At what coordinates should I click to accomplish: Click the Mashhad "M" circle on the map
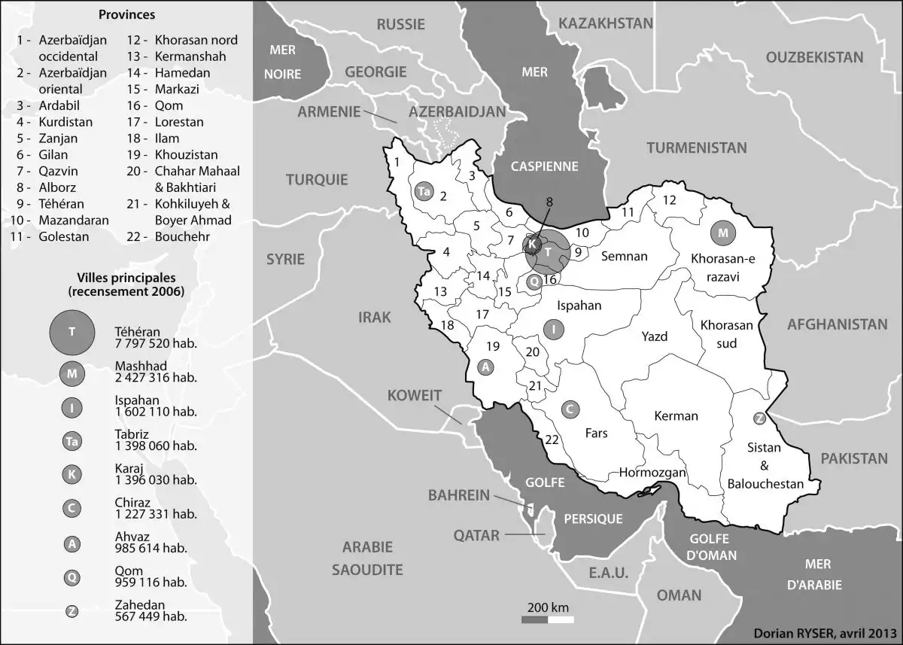click(x=723, y=233)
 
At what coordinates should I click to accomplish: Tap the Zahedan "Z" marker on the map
click(x=759, y=418)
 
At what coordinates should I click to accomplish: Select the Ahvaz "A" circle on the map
click(x=487, y=367)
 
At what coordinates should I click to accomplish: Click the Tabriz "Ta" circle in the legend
click(x=71, y=442)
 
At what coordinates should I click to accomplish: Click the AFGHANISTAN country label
click(x=837, y=325)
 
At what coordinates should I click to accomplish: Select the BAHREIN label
click(x=459, y=496)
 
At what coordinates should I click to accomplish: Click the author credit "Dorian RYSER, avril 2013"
click(x=824, y=633)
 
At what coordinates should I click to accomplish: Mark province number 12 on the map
click(x=669, y=200)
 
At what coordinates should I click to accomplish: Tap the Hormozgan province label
click(x=652, y=473)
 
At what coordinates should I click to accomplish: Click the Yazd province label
click(x=655, y=336)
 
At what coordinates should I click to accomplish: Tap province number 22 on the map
click(x=552, y=440)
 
